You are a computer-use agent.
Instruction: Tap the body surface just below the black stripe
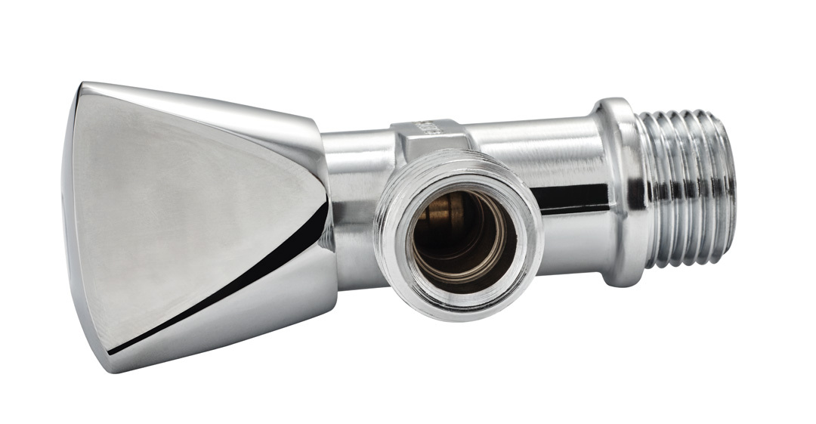click(x=574, y=234)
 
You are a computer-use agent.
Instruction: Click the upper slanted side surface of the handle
click(x=227, y=106)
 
